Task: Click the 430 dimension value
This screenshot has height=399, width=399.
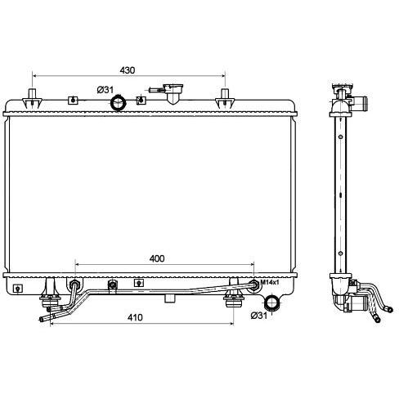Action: click(x=128, y=70)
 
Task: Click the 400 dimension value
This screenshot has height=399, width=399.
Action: click(x=157, y=258)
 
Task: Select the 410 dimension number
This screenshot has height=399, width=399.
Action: click(x=135, y=317)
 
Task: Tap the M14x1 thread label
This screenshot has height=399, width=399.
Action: click(x=270, y=282)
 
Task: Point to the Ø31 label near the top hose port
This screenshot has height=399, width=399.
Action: click(x=105, y=89)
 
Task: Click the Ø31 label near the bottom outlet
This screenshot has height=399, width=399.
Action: click(x=259, y=316)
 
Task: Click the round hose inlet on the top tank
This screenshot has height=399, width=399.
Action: click(x=119, y=103)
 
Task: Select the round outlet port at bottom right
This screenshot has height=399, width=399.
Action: click(x=272, y=303)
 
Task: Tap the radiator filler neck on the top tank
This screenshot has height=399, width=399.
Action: click(x=173, y=93)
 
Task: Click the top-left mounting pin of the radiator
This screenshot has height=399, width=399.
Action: click(x=33, y=99)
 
